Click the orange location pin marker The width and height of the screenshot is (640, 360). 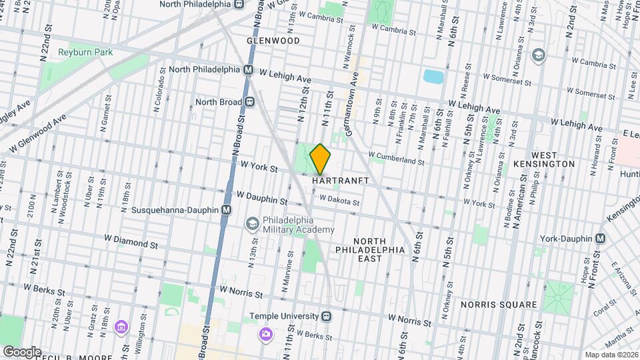[x=321, y=159]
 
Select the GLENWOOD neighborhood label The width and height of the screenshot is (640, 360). [x=273, y=41]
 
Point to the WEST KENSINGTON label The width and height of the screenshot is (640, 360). [x=545, y=158]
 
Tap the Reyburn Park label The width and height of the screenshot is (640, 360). [x=85, y=52]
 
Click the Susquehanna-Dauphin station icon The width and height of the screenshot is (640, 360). [x=227, y=210]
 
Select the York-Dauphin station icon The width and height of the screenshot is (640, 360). [x=601, y=238]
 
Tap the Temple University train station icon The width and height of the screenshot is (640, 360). [x=326, y=316]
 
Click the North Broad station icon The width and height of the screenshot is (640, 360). [x=251, y=102]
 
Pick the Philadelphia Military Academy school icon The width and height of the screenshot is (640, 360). [x=253, y=223]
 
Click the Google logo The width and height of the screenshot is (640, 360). [x=21, y=351]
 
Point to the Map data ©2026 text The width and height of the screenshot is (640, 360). [x=611, y=355]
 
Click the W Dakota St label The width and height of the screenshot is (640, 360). [x=339, y=199]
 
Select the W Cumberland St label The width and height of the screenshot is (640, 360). [x=397, y=159]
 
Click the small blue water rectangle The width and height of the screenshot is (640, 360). [x=433, y=76]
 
